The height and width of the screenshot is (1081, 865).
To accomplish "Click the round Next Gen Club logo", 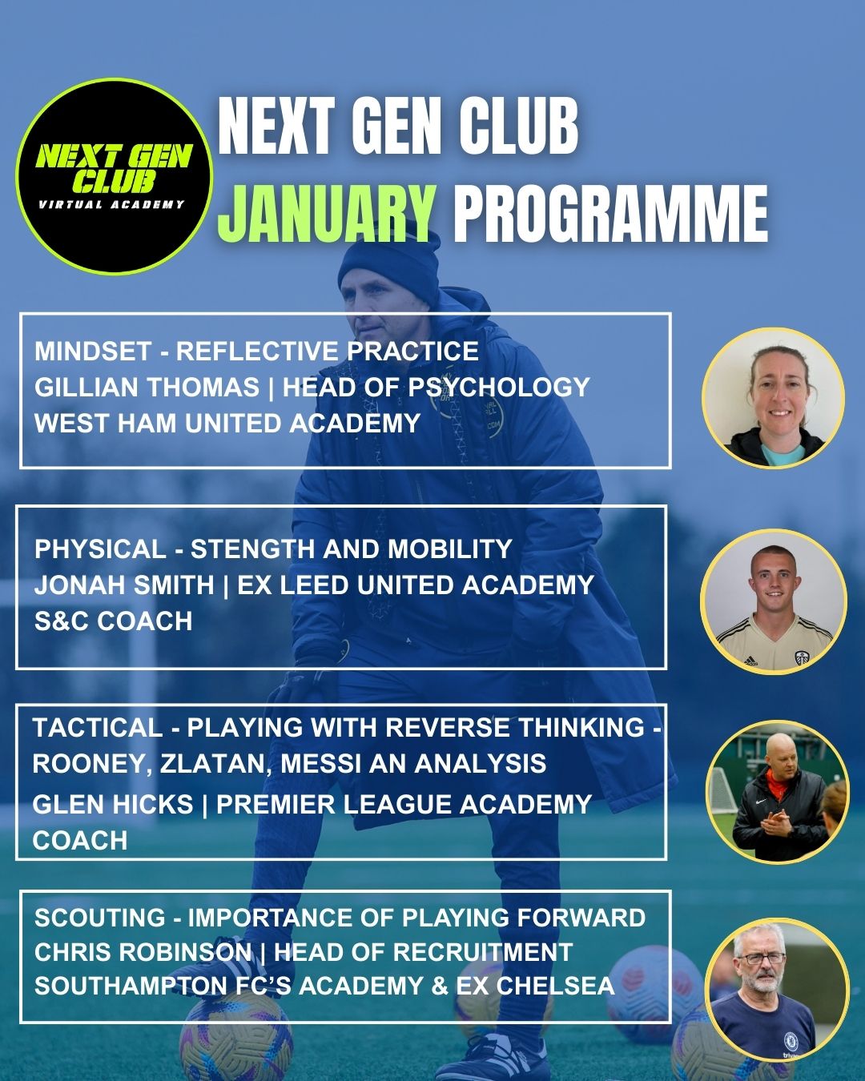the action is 114,176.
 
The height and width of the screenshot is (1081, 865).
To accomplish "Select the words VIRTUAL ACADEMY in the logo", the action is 112,204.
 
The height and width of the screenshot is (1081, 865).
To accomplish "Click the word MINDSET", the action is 93,351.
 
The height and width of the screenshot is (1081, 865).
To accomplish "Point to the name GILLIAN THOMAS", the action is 147,388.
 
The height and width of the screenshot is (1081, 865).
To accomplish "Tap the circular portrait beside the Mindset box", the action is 773,398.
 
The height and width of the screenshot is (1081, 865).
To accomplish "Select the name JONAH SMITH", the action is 124,585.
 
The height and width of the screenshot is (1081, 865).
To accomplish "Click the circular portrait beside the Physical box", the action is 774,601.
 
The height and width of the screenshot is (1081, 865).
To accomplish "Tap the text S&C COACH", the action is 113,621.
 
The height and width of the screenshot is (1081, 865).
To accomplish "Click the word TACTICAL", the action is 98,728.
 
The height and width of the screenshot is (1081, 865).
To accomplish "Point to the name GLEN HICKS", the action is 113,804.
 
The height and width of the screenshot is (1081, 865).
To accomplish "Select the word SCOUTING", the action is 99,918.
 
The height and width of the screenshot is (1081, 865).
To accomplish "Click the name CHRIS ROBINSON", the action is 143,952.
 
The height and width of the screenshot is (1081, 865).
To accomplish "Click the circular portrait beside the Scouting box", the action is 777,990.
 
